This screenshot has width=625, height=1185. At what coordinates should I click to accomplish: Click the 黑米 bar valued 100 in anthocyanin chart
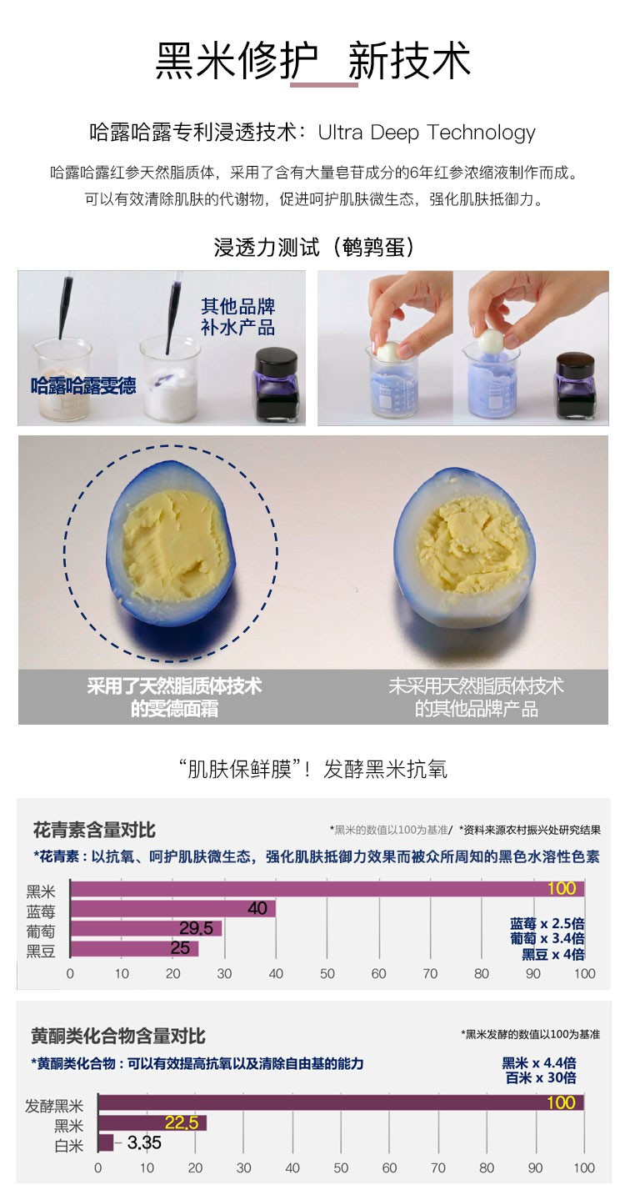pyautogui.click(x=327, y=889)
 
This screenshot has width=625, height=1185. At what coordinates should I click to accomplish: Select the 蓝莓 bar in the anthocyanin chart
pyautogui.click(x=172, y=909)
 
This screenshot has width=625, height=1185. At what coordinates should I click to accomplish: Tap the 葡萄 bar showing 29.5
pyautogui.click(x=146, y=928)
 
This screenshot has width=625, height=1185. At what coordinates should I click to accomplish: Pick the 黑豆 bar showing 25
pyautogui.click(x=134, y=948)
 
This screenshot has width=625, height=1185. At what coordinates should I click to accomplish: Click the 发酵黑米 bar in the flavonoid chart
pyautogui.click(x=341, y=1102)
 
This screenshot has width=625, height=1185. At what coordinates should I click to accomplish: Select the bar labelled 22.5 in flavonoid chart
pyautogui.click(x=152, y=1122)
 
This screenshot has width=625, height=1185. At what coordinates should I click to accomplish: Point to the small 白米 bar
pyautogui.click(x=106, y=1142)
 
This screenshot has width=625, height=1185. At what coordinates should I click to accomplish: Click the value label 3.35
pyautogui.click(x=144, y=1143)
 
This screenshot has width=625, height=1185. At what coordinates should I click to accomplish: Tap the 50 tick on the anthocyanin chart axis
pyautogui.click(x=327, y=974)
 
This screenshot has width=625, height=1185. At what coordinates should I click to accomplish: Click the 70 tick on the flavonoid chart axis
pyautogui.click(x=437, y=1168)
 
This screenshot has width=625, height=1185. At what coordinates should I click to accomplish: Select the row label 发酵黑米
pyautogui.click(x=54, y=1106)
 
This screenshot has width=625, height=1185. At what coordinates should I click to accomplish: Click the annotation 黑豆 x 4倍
pyautogui.click(x=553, y=954)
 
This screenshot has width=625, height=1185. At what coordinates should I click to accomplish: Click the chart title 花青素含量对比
pyautogui.click(x=94, y=830)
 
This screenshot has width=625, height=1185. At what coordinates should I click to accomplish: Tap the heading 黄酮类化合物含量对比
pyautogui.click(x=117, y=1034)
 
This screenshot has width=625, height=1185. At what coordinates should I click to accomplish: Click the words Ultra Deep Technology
pyautogui.click(x=427, y=133)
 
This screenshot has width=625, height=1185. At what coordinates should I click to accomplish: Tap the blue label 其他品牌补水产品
pyautogui.click(x=238, y=317)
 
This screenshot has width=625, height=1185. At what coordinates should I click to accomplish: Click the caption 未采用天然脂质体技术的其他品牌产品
pyautogui.click(x=476, y=696)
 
